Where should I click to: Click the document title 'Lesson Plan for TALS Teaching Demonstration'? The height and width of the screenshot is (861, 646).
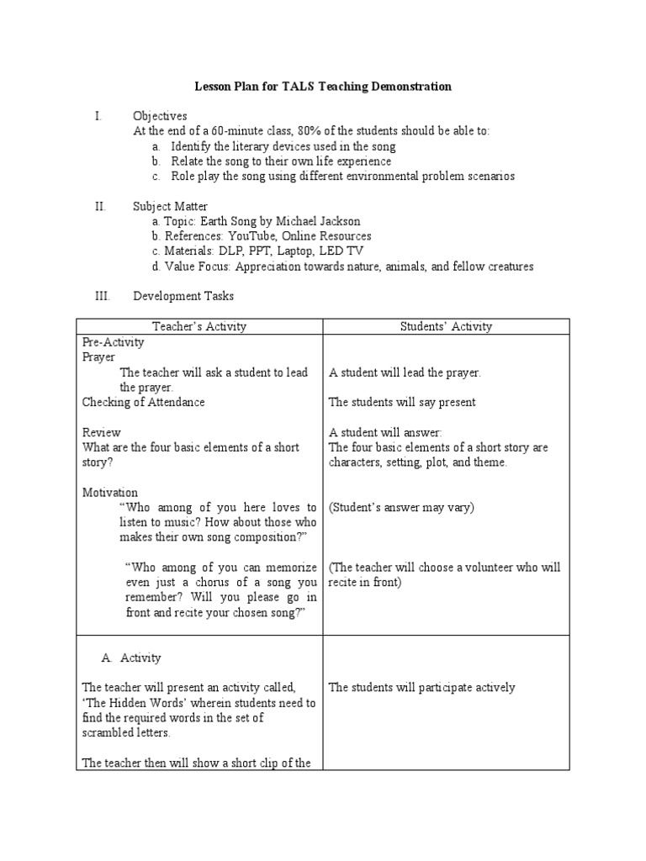324,87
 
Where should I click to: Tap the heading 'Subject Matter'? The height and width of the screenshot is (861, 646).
170,206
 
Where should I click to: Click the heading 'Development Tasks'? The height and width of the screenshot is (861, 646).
183,296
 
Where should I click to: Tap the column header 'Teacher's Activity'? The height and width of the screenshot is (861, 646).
199,326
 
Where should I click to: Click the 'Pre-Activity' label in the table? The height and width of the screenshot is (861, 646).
114,342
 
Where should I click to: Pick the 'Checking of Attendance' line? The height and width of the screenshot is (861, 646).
143,402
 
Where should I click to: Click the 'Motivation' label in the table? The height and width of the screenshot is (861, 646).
110,493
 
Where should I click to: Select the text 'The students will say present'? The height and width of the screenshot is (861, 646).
402,402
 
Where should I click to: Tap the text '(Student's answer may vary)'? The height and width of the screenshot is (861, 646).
401,508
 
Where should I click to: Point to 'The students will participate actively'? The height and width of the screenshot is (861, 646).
421,688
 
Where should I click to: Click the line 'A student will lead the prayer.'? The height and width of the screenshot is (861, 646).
405,372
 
